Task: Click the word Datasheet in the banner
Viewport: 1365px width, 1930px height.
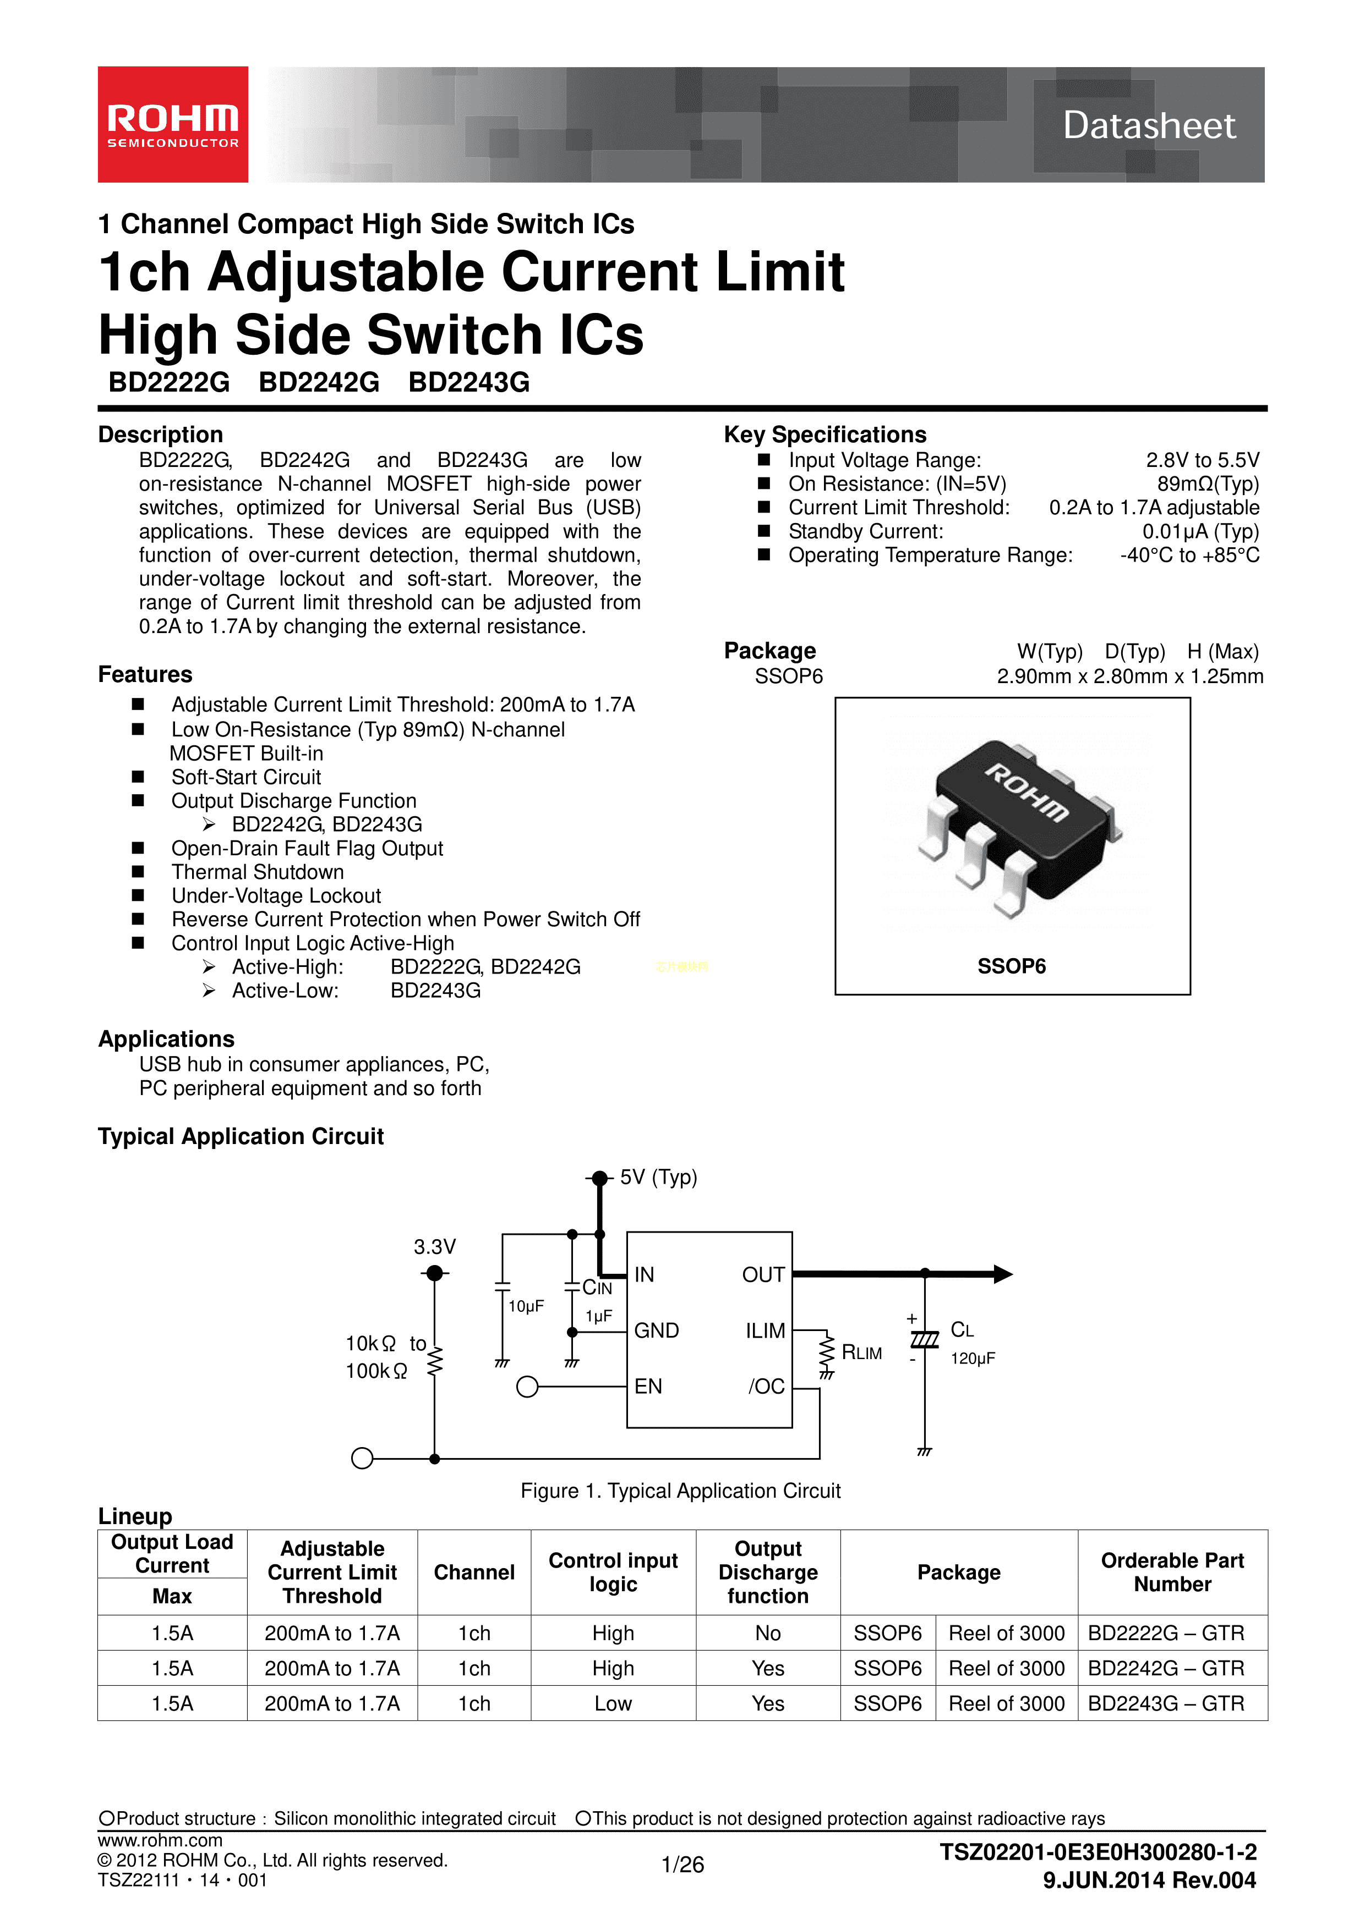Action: [x=1149, y=125]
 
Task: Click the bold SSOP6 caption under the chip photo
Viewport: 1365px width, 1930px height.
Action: [x=1011, y=967]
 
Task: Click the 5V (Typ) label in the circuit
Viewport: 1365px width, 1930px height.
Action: [x=658, y=1177]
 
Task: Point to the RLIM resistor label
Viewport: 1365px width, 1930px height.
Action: [x=861, y=1352]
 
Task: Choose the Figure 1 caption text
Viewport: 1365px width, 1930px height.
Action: [x=680, y=1491]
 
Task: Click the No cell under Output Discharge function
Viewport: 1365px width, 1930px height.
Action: [x=767, y=1634]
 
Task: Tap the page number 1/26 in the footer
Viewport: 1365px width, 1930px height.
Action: [x=682, y=1865]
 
